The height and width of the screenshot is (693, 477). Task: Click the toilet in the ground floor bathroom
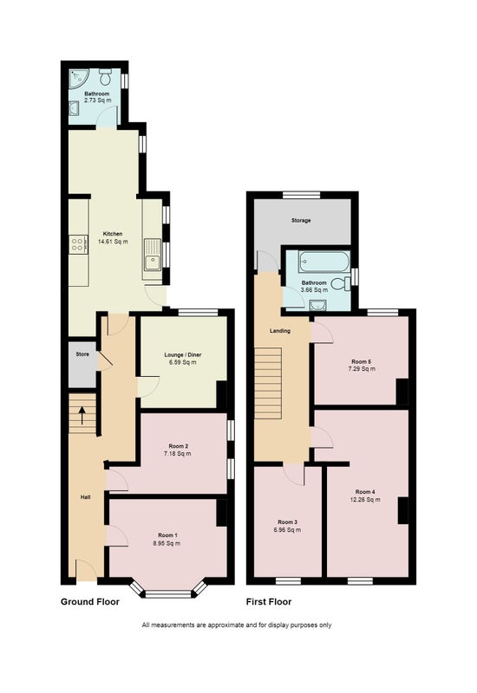click(x=105, y=76)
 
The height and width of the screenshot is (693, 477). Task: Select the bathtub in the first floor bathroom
click(x=324, y=262)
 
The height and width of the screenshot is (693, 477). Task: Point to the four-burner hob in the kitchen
click(x=77, y=244)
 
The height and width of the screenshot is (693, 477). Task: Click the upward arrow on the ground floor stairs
click(x=82, y=416)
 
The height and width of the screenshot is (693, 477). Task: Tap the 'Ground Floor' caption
click(x=90, y=601)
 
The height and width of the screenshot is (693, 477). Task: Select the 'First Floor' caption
click(x=269, y=601)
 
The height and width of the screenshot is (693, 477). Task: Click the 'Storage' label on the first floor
click(x=301, y=220)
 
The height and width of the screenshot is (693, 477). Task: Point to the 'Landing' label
click(x=280, y=331)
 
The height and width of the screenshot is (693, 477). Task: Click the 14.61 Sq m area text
click(x=113, y=242)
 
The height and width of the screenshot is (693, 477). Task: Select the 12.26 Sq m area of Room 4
click(x=365, y=500)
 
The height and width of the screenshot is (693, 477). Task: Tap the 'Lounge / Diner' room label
click(x=183, y=354)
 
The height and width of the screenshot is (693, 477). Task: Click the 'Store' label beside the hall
click(x=82, y=354)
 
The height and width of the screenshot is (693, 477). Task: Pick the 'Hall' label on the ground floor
click(x=85, y=497)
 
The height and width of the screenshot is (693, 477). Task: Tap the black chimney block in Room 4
click(x=402, y=510)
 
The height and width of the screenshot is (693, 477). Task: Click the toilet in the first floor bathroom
click(x=343, y=283)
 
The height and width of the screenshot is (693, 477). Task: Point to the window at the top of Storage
click(x=301, y=195)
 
